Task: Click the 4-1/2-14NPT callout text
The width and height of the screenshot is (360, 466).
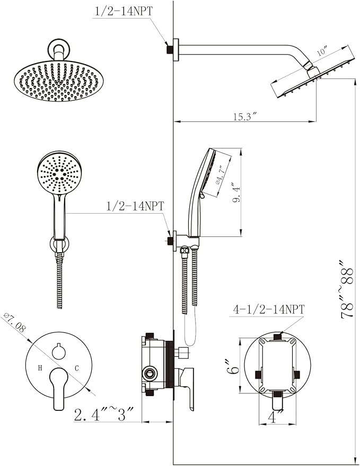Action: [x=267, y=309]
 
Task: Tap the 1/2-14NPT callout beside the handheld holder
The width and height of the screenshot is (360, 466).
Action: [x=136, y=206]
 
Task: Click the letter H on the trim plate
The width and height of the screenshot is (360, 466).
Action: [x=39, y=367]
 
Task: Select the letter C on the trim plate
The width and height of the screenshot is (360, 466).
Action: [x=76, y=367]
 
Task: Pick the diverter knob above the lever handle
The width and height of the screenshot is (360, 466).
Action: [x=58, y=350]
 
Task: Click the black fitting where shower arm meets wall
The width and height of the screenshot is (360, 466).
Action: [x=170, y=49]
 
